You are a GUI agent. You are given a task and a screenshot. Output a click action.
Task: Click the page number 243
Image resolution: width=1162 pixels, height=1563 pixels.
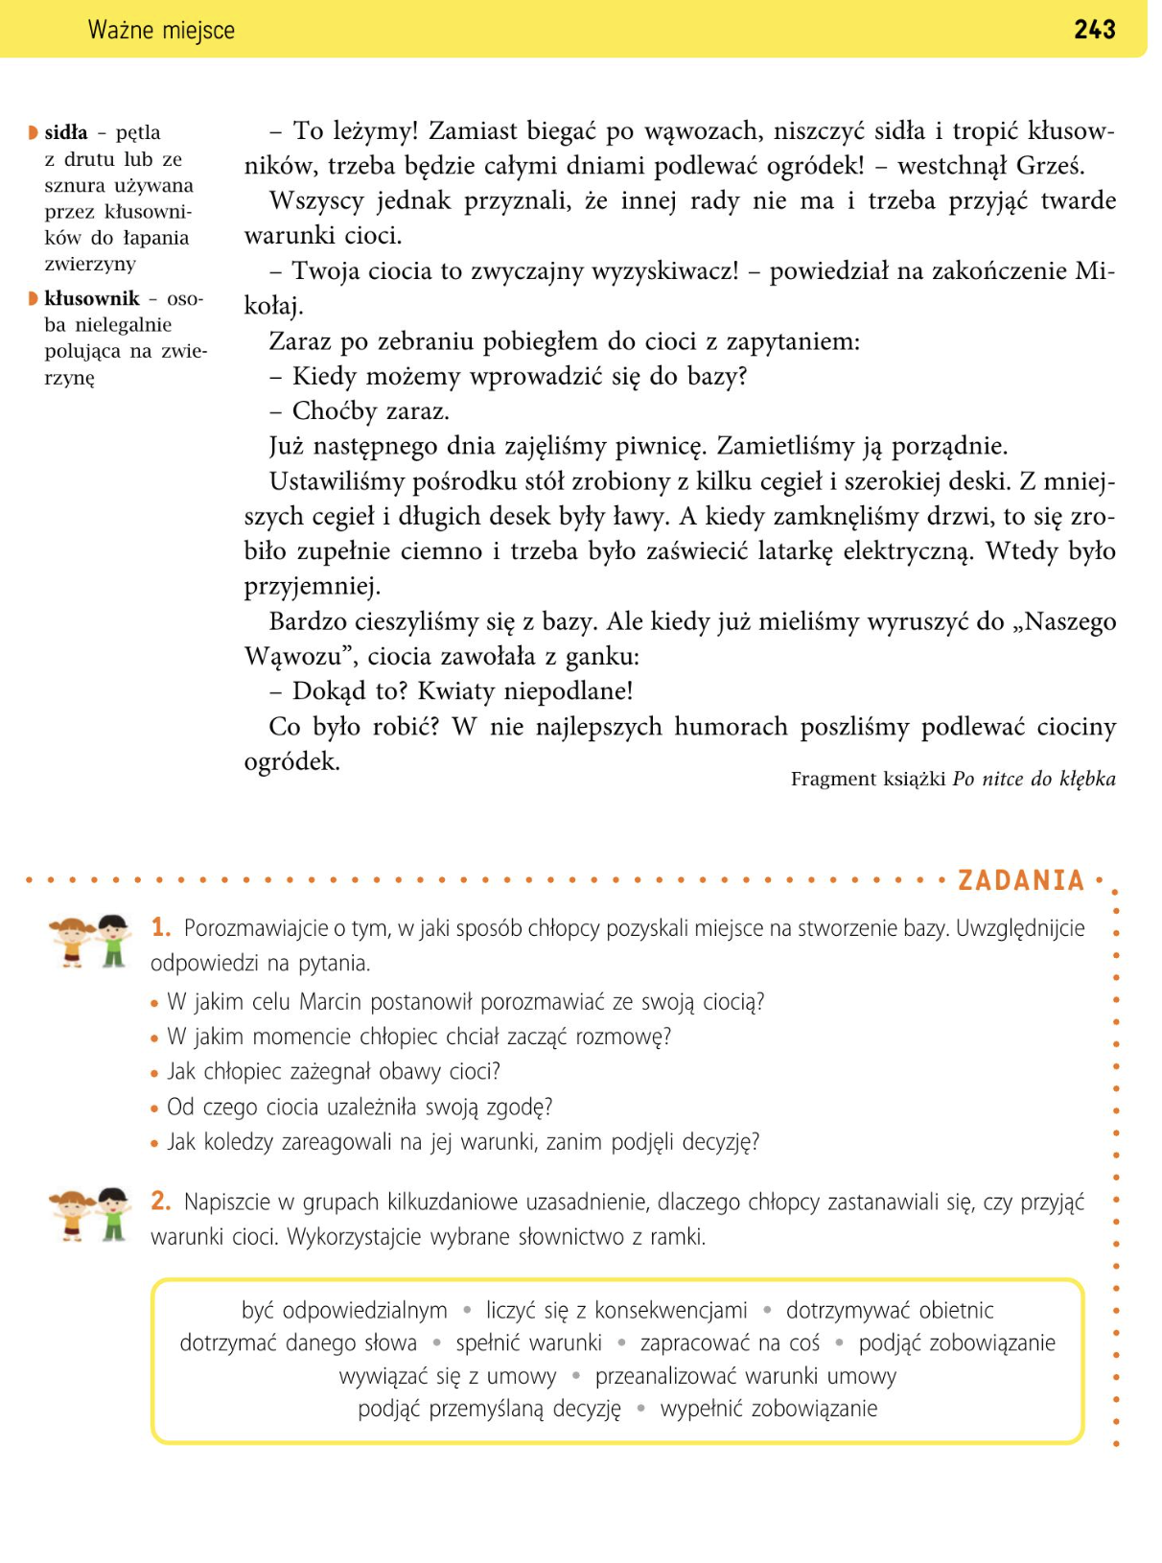click(1094, 30)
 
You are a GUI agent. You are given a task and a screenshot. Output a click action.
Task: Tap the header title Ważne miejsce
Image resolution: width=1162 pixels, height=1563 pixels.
click(161, 31)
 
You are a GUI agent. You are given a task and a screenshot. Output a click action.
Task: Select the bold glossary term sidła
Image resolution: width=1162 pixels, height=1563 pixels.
click(66, 132)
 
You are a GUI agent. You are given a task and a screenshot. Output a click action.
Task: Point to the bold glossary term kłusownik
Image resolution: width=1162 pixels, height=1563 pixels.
click(92, 298)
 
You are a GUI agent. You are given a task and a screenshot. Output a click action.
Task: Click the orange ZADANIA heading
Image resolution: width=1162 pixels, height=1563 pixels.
click(1020, 880)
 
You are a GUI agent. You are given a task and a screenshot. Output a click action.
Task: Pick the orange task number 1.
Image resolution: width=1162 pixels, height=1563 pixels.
click(161, 927)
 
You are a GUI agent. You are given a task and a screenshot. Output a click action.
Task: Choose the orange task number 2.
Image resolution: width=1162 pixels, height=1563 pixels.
click(161, 1201)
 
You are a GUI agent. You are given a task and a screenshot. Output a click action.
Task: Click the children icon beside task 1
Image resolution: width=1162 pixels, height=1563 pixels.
click(90, 941)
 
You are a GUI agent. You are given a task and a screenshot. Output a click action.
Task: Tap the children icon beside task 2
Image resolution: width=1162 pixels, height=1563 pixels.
click(90, 1214)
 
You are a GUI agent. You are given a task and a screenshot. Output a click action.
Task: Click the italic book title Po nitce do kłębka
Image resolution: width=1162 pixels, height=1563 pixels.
click(1034, 779)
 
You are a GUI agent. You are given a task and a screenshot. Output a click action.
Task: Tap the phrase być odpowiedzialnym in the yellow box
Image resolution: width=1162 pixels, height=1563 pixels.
click(344, 1310)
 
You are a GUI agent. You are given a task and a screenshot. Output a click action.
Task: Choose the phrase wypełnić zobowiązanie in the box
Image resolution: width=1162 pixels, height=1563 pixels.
click(768, 1408)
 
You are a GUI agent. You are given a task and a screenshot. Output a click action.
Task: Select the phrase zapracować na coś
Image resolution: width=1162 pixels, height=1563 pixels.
click(730, 1342)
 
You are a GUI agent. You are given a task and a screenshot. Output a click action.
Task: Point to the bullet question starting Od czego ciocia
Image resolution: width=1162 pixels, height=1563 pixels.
click(360, 1107)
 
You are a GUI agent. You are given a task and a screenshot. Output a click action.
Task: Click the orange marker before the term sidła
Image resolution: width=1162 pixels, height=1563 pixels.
click(34, 132)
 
